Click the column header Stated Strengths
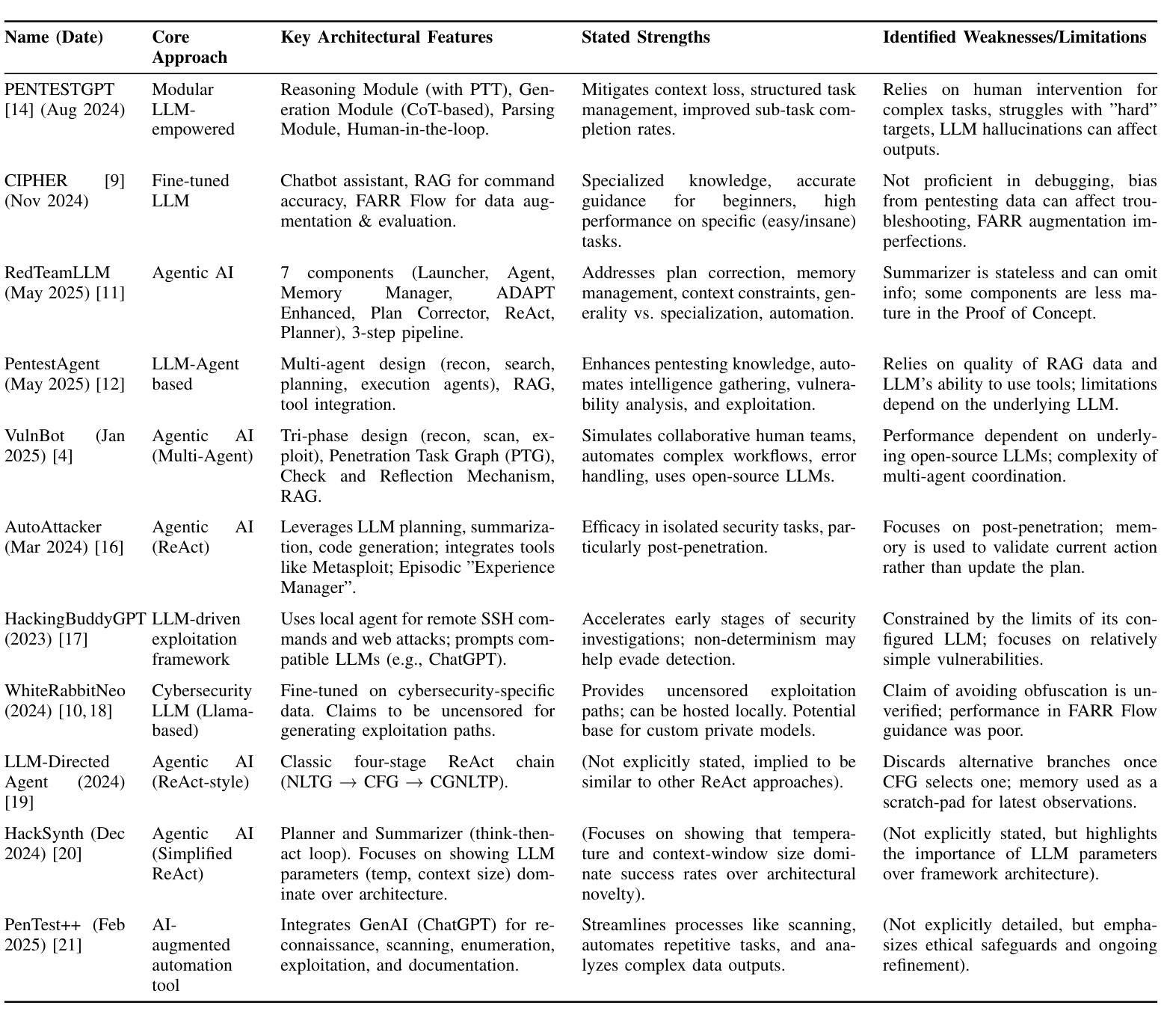pyautogui.click(x=645, y=37)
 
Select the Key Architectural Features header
pyautogui.click(x=387, y=37)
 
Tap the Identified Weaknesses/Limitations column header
pyautogui.click(x=1014, y=37)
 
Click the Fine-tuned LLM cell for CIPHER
pyautogui.click(x=190, y=191)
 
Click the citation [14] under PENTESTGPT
pyautogui.click(x=19, y=110)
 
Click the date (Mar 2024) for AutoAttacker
pyautogui.click(x=48, y=547)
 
